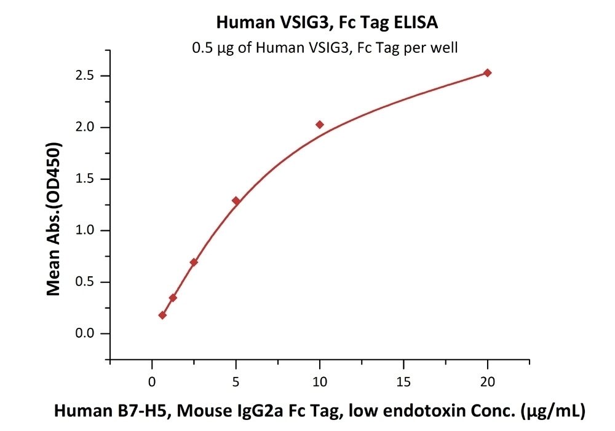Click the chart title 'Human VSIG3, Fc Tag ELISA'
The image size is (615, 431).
tap(327, 23)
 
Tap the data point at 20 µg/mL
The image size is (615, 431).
tap(488, 73)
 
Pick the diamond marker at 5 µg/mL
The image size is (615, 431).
tap(236, 201)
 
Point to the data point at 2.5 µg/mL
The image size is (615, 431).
tap(194, 262)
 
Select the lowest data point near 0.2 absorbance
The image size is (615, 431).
tap(162, 315)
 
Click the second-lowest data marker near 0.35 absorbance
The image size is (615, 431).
tap(173, 298)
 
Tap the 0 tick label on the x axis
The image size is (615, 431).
tap(152, 380)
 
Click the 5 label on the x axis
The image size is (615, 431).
tap(236, 380)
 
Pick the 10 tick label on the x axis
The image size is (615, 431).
tap(320, 380)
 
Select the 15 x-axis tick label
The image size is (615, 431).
tap(403, 380)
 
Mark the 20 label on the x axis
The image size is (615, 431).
tap(488, 380)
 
